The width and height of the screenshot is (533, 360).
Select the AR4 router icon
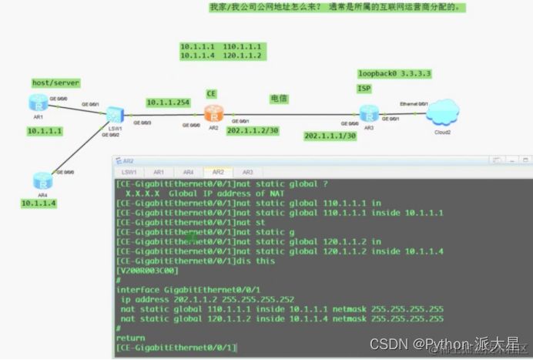[x=42, y=180]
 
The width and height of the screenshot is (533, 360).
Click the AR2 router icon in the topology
[x=213, y=114]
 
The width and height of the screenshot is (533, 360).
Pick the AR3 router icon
[x=369, y=114]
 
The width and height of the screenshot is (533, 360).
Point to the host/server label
[x=55, y=82]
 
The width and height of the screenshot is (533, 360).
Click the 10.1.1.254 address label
[x=168, y=102]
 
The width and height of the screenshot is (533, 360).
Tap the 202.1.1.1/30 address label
[x=330, y=136]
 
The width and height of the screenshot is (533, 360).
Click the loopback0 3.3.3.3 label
[x=394, y=74]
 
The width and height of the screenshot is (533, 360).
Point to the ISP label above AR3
[x=364, y=89]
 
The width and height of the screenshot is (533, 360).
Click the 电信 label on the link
[x=278, y=99]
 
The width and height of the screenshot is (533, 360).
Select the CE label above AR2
[x=211, y=93]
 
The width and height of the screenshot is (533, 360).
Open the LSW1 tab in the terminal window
[x=129, y=172]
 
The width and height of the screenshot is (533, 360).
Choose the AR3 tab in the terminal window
[x=247, y=172]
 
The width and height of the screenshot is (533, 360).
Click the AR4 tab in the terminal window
[x=188, y=172]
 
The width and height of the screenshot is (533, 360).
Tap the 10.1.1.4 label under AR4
[x=39, y=204]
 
